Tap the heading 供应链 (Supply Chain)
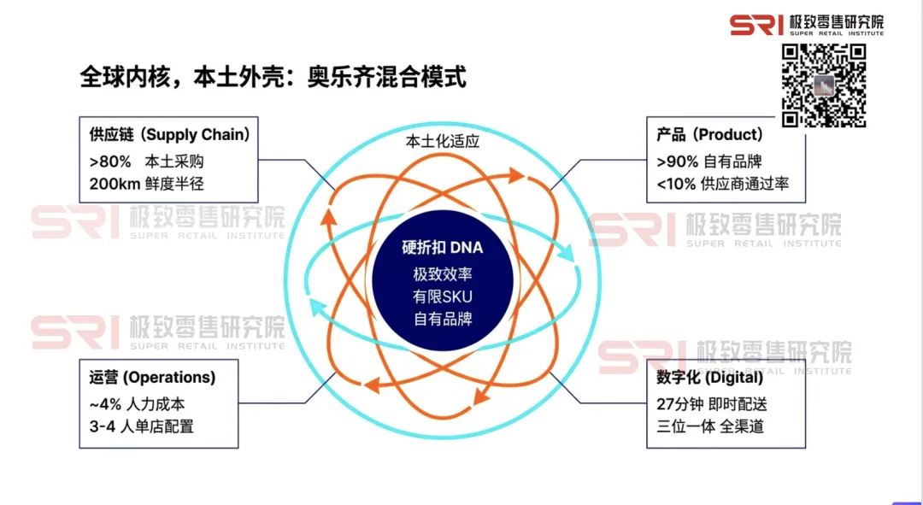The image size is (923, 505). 169,135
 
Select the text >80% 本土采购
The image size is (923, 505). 147,161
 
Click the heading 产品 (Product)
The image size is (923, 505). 709,135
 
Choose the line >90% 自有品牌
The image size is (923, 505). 709,161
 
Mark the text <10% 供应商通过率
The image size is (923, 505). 723,183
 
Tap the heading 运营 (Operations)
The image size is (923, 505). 152,377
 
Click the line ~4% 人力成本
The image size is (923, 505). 137,403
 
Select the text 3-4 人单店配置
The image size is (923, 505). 141,425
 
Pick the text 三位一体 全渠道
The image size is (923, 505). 710,425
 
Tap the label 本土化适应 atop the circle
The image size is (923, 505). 443,141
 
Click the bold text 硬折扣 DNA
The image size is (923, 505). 443,248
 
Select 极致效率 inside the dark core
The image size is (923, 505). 443,275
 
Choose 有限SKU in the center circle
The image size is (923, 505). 443,297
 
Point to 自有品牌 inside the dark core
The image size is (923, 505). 443,319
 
